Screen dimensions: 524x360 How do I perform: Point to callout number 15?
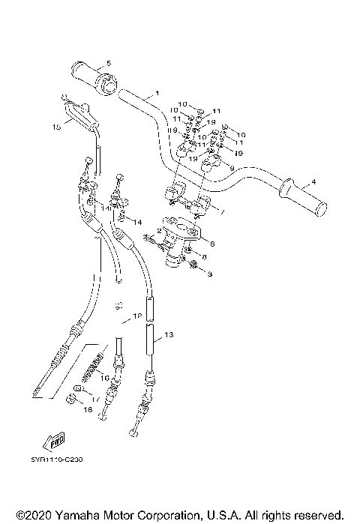(57, 127)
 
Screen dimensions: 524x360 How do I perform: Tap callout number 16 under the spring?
(104, 377)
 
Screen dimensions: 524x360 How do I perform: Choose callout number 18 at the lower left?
(88, 411)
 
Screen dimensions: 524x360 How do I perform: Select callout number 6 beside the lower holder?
(214, 243)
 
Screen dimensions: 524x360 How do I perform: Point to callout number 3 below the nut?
(210, 274)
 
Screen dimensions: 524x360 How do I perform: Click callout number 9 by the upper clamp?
(231, 168)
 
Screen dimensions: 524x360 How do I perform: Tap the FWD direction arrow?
(57, 439)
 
